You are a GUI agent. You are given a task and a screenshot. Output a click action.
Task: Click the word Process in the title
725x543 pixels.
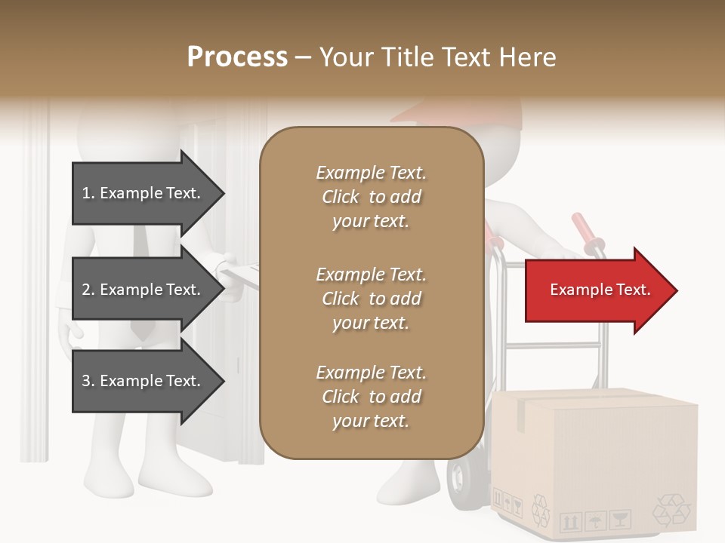pyautogui.click(x=237, y=57)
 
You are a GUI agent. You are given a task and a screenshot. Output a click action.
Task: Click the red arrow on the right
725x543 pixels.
pyautogui.click(x=600, y=290)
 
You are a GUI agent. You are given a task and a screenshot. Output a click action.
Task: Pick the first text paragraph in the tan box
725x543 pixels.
pyautogui.click(x=371, y=197)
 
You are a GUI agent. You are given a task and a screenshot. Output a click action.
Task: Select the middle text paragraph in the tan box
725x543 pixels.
pyautogui.click(x=371, y=299)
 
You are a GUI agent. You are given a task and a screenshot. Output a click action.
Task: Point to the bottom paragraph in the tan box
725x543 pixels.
pyautogui.click(x=371, y=397)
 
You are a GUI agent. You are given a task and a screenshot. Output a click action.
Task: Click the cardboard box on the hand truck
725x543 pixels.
pyautogui.click(x=597, y=460)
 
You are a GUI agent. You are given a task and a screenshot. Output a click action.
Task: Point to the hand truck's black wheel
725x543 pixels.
pyautogui.click(x=461, y=475)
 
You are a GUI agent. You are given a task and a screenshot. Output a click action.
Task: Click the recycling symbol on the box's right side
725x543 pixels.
pyautogui.click(x=671, y=510)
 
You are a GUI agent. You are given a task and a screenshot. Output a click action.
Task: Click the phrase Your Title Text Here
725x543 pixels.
pyautogui.click(x=438, y=57)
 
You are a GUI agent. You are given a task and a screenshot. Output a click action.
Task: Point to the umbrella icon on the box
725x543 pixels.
pyautogui.click(x=596, y=520)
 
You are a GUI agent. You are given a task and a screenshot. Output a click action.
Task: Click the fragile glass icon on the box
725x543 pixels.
pyautogui.click(x=620, y=520)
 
